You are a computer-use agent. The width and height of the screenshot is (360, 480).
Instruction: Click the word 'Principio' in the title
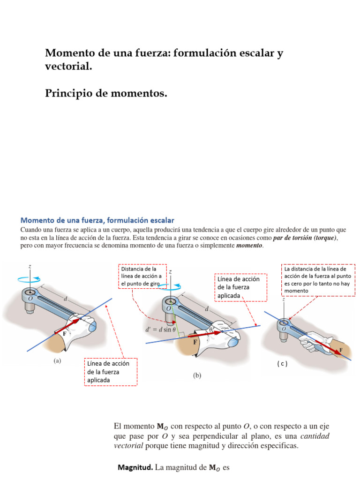point(68,94)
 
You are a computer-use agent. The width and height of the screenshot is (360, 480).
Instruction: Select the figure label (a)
point(58,360)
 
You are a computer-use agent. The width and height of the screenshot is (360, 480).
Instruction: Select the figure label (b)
point(197,375)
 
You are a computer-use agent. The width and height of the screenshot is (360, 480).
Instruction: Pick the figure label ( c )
point(281,364)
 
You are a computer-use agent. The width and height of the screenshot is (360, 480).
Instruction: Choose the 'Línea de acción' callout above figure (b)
point(240,287)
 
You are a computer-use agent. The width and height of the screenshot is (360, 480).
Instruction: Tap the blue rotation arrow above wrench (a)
point(30,280)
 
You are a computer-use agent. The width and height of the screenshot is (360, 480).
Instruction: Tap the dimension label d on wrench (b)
point(207,308)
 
